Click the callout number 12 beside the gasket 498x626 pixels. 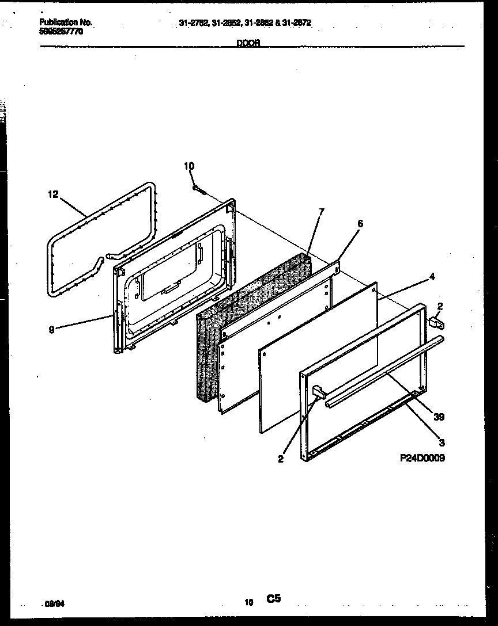(x=52, y=194)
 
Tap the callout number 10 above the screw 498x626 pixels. (x=189, y=166)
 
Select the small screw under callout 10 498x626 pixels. (x=199, y=189)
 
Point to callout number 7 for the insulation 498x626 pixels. (x=321, y=211)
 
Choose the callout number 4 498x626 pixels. (x=432, y=277)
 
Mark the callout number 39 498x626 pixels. (x=439, y=416)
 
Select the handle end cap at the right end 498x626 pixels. (x=436, y=325)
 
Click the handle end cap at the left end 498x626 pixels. (x=318, y=392)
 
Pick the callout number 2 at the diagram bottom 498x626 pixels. (x=280, y=459)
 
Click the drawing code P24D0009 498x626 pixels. (x=422, y=459)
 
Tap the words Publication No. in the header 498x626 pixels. (x=65, y=22)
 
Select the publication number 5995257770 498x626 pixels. (x=61, y=32)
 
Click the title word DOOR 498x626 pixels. (x=248, y=43)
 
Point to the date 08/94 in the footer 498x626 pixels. (x=51, y=605)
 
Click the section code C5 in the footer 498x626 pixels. (x=273, y=600)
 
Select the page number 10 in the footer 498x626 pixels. (x=248, y=603)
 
